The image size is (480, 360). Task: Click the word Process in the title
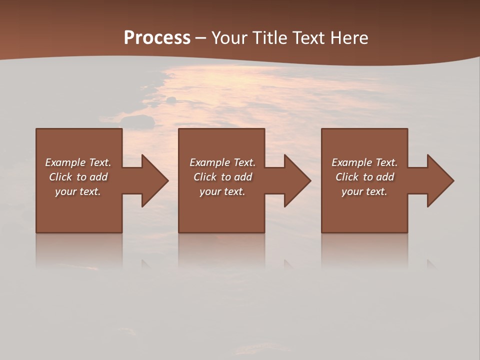pyautogui.click(x=157, y=38)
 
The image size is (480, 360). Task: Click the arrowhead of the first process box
pyautogui.click(x=154, y=180)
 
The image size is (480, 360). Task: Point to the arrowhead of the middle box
pyautogui.click(x=297, y=180)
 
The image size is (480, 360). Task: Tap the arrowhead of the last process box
pyautogui.click(x=440, y=180)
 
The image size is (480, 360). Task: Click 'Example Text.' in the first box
pyautogui.click(x=78, y=162)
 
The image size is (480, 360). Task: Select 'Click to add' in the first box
pyautogui.click(x=78, y=177)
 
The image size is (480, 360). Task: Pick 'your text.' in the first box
pyautogui.click(x=78, y=191)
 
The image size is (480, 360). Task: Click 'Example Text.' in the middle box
pyautogui.click(x=222, y=162)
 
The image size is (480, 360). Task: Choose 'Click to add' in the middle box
pyautogui.click(x=222, y=177)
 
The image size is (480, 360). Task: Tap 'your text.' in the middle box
pyautogui.click(x=222, y=191)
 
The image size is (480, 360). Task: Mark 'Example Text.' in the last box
pyautogui.click(x=364, y=162)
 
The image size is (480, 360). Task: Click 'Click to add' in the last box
pyautogui.click(x=364, y=177)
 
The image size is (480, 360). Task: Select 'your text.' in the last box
pyautogui.click(x=364, y=191)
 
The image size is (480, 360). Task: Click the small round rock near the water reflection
pyautogui.click(x=171, y=100)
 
